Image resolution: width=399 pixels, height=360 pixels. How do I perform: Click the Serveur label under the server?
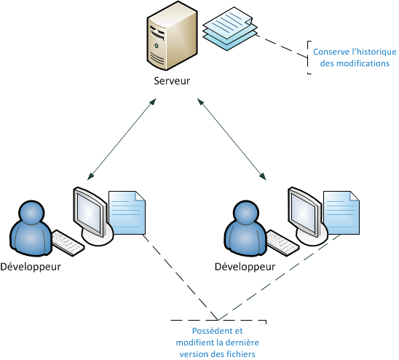(172, 81)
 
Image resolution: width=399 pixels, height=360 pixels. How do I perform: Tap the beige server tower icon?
(173, 36)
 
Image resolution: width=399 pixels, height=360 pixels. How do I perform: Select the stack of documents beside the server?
(230, 29)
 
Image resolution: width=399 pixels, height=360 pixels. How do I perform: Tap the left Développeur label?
(31, 267)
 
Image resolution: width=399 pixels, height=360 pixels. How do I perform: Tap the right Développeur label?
(245, 267)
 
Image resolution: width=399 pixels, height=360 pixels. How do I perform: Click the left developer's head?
(31, 213)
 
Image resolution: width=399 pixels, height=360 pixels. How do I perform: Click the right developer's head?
(246, 213)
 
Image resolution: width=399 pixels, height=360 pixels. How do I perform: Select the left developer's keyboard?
(68, 243)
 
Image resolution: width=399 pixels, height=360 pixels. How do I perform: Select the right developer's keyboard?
(283, 243)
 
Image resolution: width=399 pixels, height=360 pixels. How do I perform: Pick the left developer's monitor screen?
(90, 212)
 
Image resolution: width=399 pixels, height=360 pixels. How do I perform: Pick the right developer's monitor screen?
(304, 212)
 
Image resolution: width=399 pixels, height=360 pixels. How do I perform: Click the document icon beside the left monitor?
(127, 213)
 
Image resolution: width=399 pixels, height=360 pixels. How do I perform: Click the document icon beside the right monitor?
(341, 213)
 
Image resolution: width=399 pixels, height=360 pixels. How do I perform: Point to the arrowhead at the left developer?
(90, 176)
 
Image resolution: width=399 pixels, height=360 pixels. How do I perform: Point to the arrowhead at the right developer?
(263, 176)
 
